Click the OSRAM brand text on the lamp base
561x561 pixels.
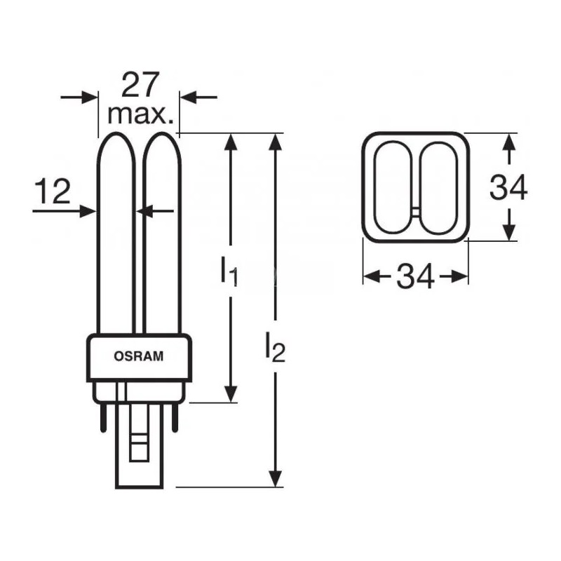click(x=138, y=356)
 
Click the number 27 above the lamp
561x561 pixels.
click(x=140, y=85)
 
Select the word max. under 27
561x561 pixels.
click(x=140, y=114)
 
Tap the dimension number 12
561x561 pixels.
click(x=52, y=191)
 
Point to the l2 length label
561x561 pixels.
click(x=275, y=346)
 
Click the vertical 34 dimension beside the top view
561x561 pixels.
click(x=508, y=187)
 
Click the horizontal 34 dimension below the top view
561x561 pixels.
click(x=415, y=276)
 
